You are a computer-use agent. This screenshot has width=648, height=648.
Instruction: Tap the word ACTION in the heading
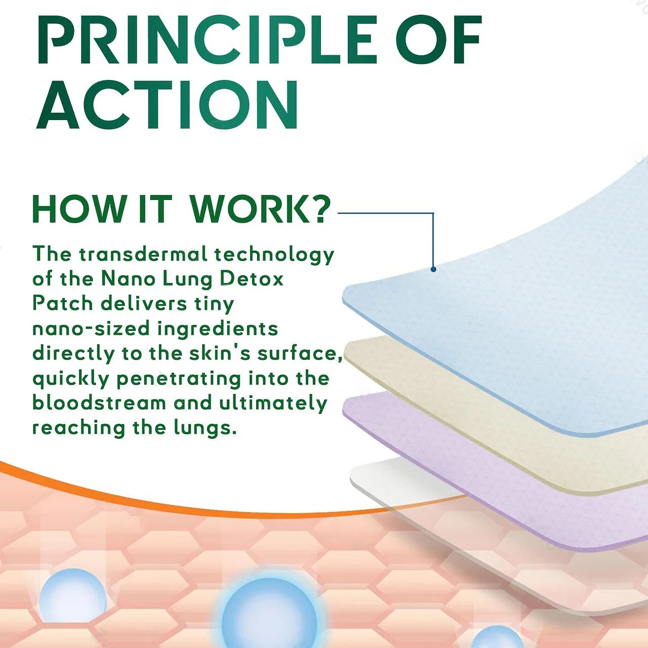[167, 105]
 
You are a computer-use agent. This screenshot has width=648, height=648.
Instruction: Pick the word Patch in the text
[63, 304]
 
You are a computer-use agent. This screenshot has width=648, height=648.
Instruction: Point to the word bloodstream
[99, 403]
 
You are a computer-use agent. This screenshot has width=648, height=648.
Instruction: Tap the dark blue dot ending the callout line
[433, 269]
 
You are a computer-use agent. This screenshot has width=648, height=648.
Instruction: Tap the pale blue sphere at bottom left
[72, 595]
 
